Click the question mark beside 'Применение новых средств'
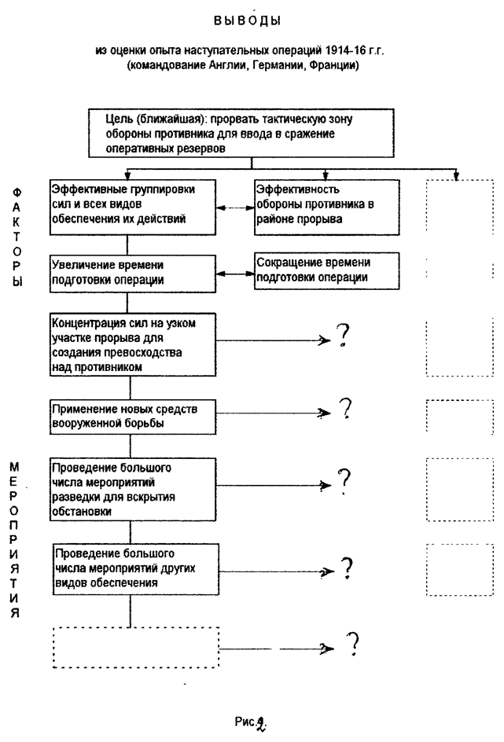[344, 410]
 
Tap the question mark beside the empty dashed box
[353, 644]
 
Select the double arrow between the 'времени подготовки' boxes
[235, 274]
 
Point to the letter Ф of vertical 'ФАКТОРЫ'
[17, 191]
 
